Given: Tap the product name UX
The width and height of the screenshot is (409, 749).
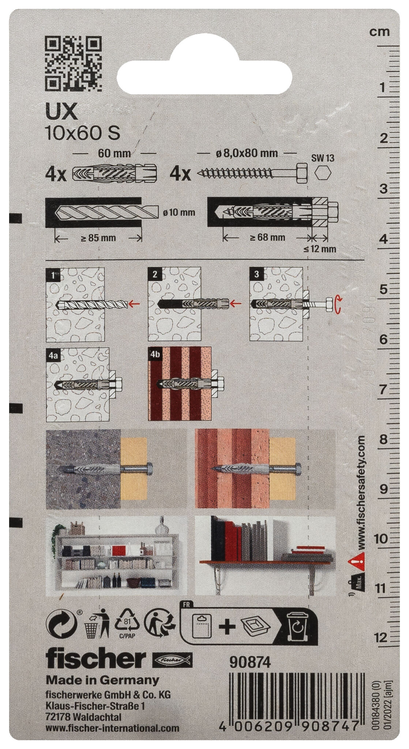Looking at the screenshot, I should point(61,112).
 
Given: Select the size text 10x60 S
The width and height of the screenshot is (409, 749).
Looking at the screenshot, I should point(82,133).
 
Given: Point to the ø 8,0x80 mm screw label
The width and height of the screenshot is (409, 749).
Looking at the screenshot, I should point(247,153).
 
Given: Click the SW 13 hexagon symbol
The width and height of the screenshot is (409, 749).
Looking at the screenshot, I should point(323,173).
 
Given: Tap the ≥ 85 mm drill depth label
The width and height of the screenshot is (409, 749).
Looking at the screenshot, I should point(98,238).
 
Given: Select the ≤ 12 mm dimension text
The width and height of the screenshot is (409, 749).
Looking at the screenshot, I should point(319,249).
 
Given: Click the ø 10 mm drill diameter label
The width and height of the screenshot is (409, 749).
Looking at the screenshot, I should point(179,212).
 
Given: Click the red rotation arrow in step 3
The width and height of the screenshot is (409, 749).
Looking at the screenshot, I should point(338,305).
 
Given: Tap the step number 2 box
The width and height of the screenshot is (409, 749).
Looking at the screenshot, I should point(154,274).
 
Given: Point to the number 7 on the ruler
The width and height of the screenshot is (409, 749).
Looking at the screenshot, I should point(383,389).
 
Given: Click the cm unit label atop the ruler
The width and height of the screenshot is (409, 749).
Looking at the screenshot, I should point(379,32).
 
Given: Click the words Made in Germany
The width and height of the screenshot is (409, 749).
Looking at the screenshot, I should point(102,680).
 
